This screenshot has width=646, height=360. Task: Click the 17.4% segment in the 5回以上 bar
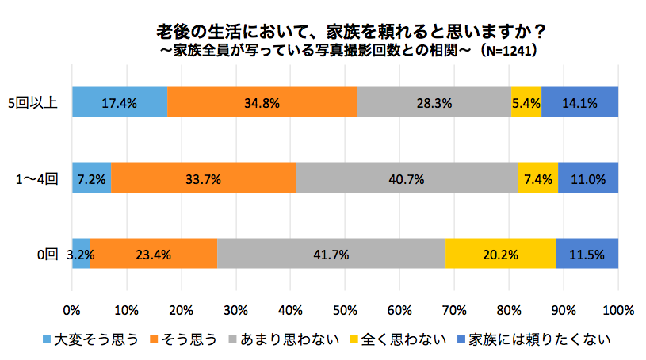point(120,101)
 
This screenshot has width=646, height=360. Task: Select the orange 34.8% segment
point(262,101)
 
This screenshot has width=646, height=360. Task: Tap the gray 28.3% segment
point(434,101)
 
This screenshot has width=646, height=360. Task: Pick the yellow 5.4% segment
point(526,101)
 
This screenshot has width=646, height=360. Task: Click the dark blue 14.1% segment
point(579,101)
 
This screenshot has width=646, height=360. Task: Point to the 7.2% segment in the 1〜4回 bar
point(91,178)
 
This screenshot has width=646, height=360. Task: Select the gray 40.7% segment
point(407,178)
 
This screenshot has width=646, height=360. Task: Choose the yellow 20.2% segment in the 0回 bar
point(500,255)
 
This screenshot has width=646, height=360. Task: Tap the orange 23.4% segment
point(154,255)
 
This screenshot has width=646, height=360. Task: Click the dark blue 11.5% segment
point(587,255)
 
